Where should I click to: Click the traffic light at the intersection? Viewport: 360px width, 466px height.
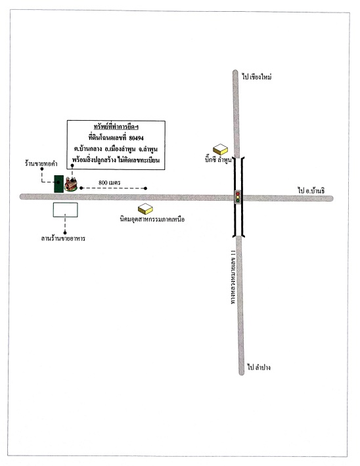(237, 197)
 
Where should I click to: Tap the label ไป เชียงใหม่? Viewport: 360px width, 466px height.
(256, 77)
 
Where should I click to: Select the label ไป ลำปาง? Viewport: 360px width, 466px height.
(259, 368)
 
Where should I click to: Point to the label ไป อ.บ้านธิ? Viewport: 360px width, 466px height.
(311, 190)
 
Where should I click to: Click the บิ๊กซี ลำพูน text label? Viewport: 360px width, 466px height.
(218, 160)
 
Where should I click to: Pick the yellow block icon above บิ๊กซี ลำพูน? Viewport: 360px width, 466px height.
(220, 150)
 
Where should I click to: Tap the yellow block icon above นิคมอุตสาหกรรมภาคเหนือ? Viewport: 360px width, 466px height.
(145, 209)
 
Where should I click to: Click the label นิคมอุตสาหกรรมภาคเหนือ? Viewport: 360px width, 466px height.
(152, 220)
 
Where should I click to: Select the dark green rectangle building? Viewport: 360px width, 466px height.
(59, 184)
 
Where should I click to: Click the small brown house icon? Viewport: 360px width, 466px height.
(71, 184)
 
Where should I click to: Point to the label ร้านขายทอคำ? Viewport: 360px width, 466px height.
(41, 163)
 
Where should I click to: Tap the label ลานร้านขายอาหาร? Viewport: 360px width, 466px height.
(63, 239)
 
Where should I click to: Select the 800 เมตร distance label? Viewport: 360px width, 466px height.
(110, 182)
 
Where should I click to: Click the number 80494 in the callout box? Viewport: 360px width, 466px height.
(137, 138)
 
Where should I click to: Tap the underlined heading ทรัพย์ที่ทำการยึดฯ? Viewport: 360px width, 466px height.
(116, 127)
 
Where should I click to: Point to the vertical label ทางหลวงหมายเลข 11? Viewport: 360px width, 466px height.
(233, 277)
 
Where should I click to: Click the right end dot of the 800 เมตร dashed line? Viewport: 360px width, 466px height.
(145, 188)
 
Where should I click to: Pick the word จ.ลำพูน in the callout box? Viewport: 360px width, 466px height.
(148, 149)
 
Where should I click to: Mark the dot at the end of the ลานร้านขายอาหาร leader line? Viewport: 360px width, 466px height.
(65, 233)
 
